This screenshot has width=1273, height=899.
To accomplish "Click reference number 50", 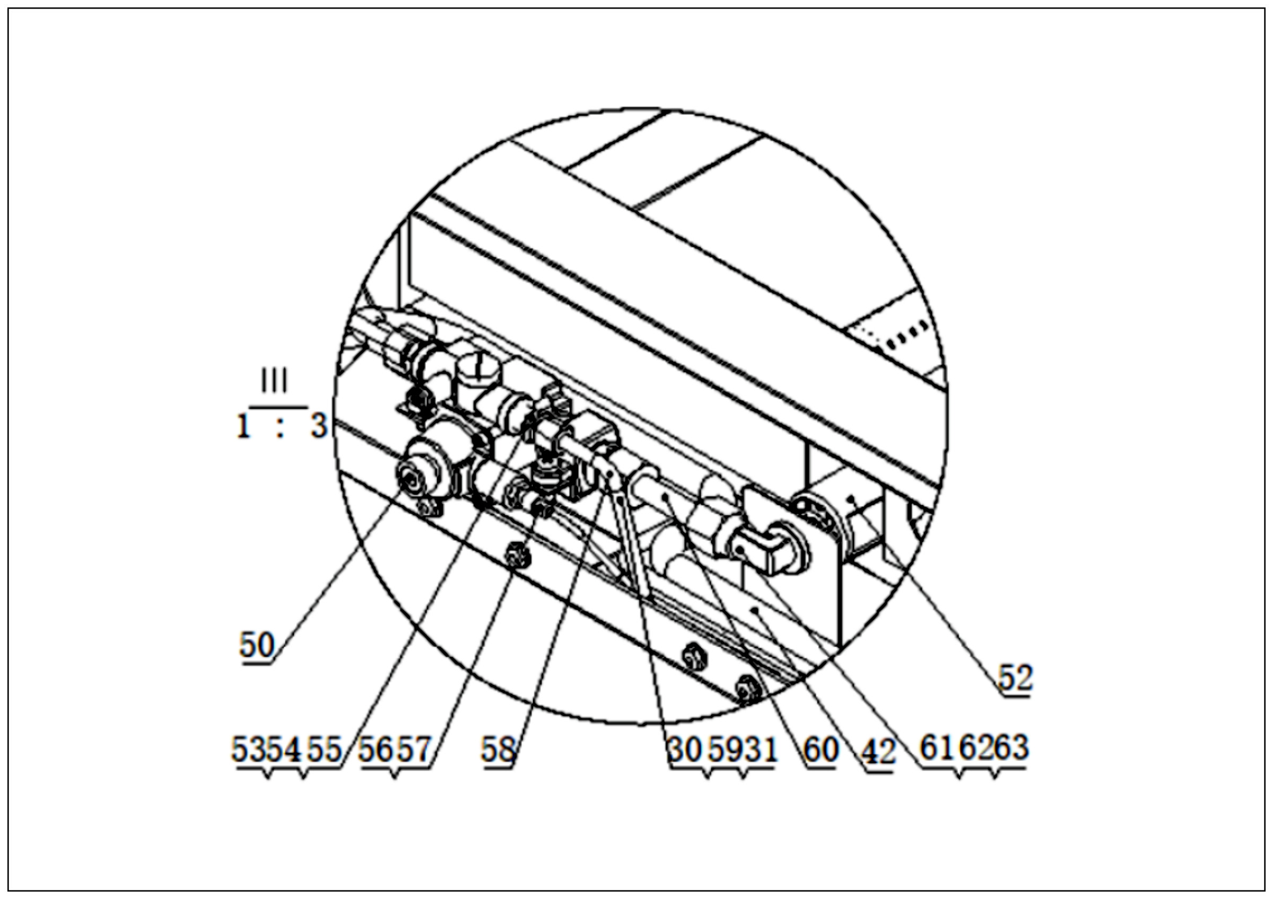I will click(x=257, y=645).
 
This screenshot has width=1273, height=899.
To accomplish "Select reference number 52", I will click(x=1015, y=677).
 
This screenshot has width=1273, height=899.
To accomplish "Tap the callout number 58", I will click(x=498, y=749).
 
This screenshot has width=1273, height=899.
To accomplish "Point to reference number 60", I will click(x=821, y=749).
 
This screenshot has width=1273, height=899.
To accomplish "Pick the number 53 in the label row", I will click(x=249, y=749).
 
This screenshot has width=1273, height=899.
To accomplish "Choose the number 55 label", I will click(x=324, y=749).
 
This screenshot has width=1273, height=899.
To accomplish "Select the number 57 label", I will click(x=414, y=749).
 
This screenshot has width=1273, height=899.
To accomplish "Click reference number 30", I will click(x=685, y=749).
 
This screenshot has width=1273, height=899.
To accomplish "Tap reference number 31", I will click(x=760, y=749).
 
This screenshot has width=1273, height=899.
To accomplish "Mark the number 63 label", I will click(x=1010, y=747).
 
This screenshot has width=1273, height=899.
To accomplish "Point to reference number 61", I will click(x=938, y=747).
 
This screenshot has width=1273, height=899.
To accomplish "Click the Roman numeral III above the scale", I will click(x=274, y=381).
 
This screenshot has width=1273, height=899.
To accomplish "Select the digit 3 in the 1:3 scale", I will click(x=319, y=426).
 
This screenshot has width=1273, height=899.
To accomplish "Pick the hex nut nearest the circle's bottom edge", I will click(x=747, y=690).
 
